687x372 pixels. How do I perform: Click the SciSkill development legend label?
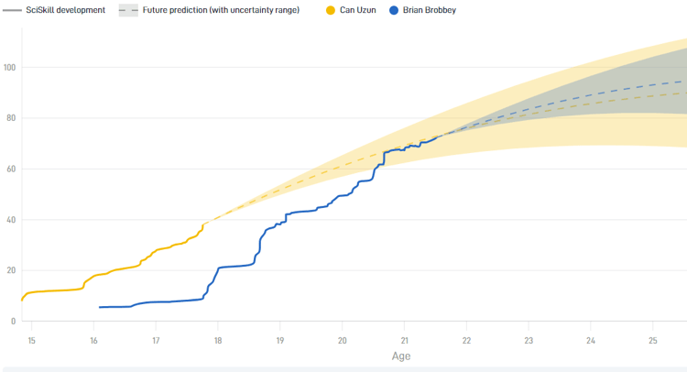coord(65,10)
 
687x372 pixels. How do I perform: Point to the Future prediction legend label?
coord(221,10)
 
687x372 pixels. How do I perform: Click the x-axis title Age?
coord(401,356)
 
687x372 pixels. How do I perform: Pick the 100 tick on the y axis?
coord(10,68)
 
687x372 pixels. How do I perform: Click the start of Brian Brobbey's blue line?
coord(100,307)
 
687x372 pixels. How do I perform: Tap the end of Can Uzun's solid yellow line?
coord(203,224)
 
